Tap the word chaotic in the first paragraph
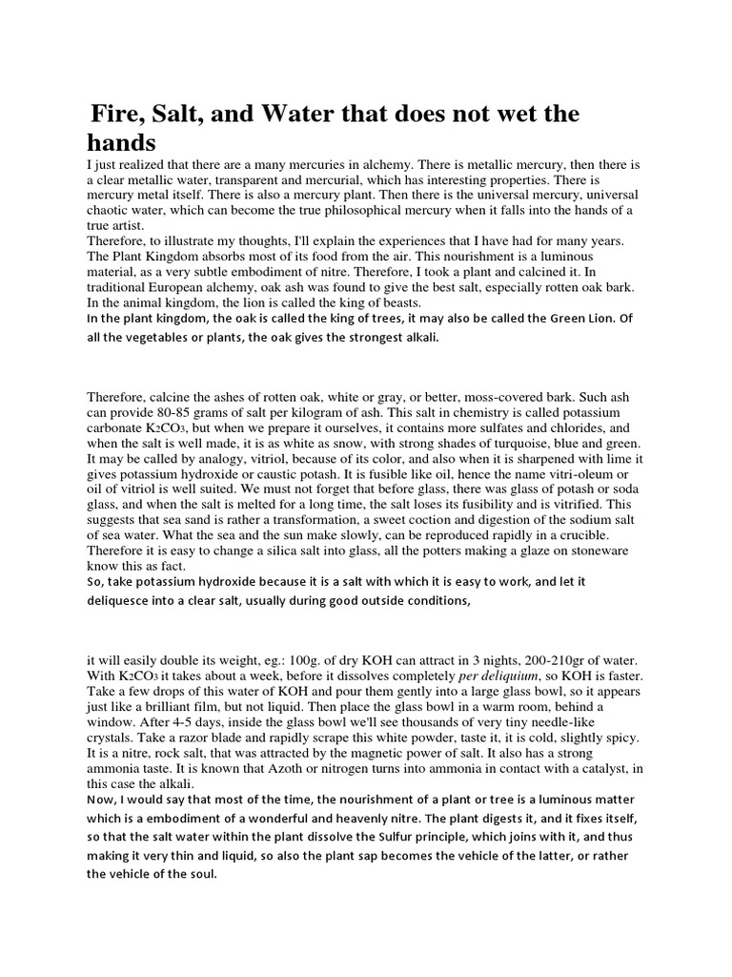coord(111,210)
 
